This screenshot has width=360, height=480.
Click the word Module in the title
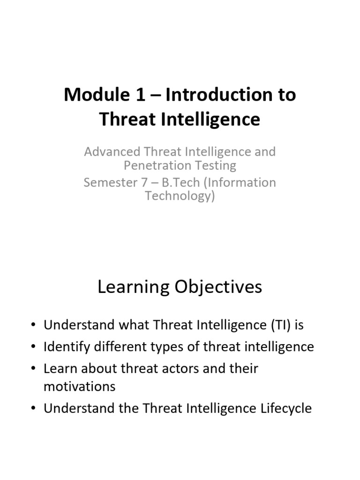pyautogui.click(x=97, y=94)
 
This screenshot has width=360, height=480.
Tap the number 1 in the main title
pyautogui.click(x=140, y=94)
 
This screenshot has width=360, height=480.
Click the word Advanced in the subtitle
pyautogui.click(x=112, y=152)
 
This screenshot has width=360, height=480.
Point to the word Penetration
pyautogui.click(x=157, y=165)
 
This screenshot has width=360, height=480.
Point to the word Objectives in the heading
pyautogui.click(x=218, y=287)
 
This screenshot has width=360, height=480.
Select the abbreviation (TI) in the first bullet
pyautogui.click(x=281, y=325)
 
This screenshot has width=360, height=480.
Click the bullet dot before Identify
pyautogui.click(x=34, y=347)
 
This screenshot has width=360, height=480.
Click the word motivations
pyautogui.click(x=80, y=387)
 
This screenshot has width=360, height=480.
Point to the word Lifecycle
pyautogui.click(x=286, y=409)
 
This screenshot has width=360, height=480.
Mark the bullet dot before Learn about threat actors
pyautogui.click(x=34, y=368)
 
